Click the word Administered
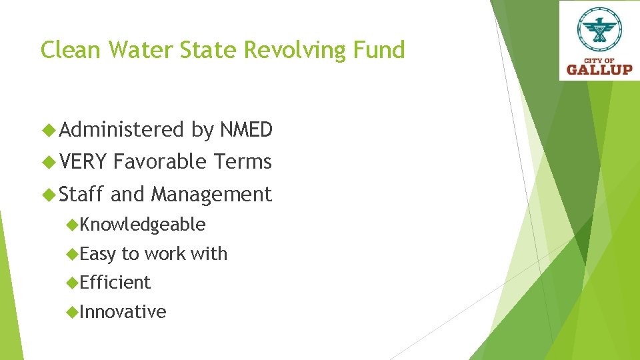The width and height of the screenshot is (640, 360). coord(121,129)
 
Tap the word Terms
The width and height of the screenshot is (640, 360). coord(243,161)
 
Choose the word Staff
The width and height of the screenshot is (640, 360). coord(82,194)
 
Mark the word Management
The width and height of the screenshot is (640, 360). coord(211,194)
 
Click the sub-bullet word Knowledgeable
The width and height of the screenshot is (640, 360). coord(142,225)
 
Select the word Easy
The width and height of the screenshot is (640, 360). coord(97,254)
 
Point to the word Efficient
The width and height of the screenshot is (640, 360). coord(115,283)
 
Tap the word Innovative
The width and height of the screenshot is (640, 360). coord(123,311)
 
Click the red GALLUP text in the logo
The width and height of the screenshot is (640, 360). coord(599,68)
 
